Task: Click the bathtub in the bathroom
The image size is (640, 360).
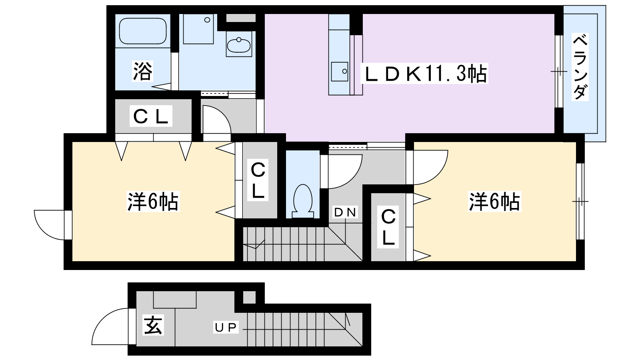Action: (x=143, y=31)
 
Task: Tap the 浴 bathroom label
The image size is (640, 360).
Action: (x=142, y=72)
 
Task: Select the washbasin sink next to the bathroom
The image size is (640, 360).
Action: (x=239, y=45)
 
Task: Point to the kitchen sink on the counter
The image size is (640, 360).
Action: (x=340, y=72)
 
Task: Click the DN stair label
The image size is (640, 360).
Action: (x=345, y=212)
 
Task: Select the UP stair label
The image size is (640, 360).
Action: (x=226, y=328)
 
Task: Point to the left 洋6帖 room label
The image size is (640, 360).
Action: (x=153, y=202)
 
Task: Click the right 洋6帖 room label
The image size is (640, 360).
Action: (x=494, y=202)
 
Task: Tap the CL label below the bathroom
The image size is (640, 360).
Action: (x=151, y=116)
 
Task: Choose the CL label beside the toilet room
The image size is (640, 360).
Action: (x=258, y=180)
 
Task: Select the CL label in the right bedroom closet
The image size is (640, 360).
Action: (x=388, y=227)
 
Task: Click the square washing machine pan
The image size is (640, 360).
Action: (x=198, y=29)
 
